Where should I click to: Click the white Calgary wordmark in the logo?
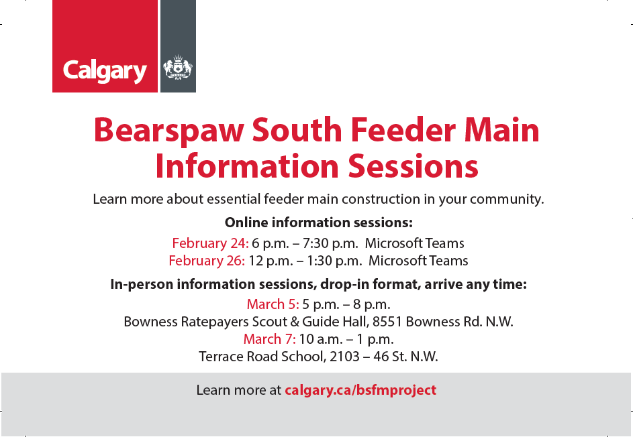(105, 71)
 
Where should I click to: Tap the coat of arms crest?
(178, 67)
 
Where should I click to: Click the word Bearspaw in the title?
(168, 131)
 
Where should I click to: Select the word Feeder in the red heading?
(403, 130)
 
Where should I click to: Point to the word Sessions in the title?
(413, 166)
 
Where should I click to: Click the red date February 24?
(210, 243)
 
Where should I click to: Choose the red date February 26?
(207, 261)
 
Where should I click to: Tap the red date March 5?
(273, 304)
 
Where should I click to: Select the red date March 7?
(269, 339)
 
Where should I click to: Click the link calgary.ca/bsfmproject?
(360, 390)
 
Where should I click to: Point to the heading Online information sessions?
(319, 223)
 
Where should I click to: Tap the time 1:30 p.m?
(334, 261)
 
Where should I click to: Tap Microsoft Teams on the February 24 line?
(415, 243)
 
